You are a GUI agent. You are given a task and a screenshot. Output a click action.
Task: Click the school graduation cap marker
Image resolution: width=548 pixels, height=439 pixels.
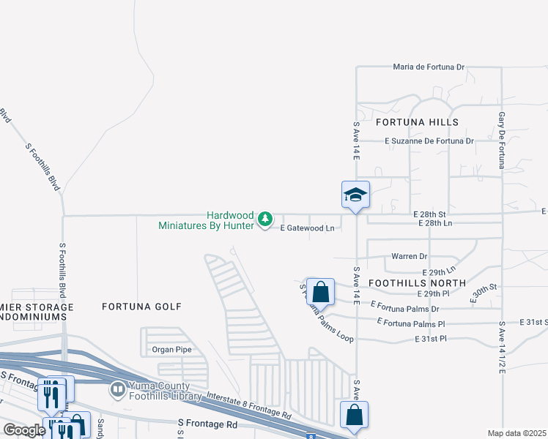coord(355,195)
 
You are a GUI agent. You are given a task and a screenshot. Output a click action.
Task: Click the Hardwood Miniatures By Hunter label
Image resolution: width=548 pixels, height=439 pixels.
coord(207,220)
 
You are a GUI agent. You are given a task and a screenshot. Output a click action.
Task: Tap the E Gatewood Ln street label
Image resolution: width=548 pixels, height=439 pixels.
coord(308,228)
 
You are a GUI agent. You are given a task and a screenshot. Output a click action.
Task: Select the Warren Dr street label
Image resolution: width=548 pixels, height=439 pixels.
coord(410,257)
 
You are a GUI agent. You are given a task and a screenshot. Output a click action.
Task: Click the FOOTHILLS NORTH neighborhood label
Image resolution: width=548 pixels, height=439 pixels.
coord(417,282)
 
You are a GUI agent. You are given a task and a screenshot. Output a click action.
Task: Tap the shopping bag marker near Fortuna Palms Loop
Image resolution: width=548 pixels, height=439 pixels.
coord(320,292)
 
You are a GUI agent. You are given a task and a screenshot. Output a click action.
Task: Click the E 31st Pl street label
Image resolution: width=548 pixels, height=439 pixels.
coord(429,339)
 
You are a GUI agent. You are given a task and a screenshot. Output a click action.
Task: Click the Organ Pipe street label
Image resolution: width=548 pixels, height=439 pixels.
coord(171,350)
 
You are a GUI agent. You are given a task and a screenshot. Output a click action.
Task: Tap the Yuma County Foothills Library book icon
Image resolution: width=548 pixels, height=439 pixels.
coord(117,390)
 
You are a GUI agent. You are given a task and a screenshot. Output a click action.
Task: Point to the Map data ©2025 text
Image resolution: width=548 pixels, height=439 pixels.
coord(517,433)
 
